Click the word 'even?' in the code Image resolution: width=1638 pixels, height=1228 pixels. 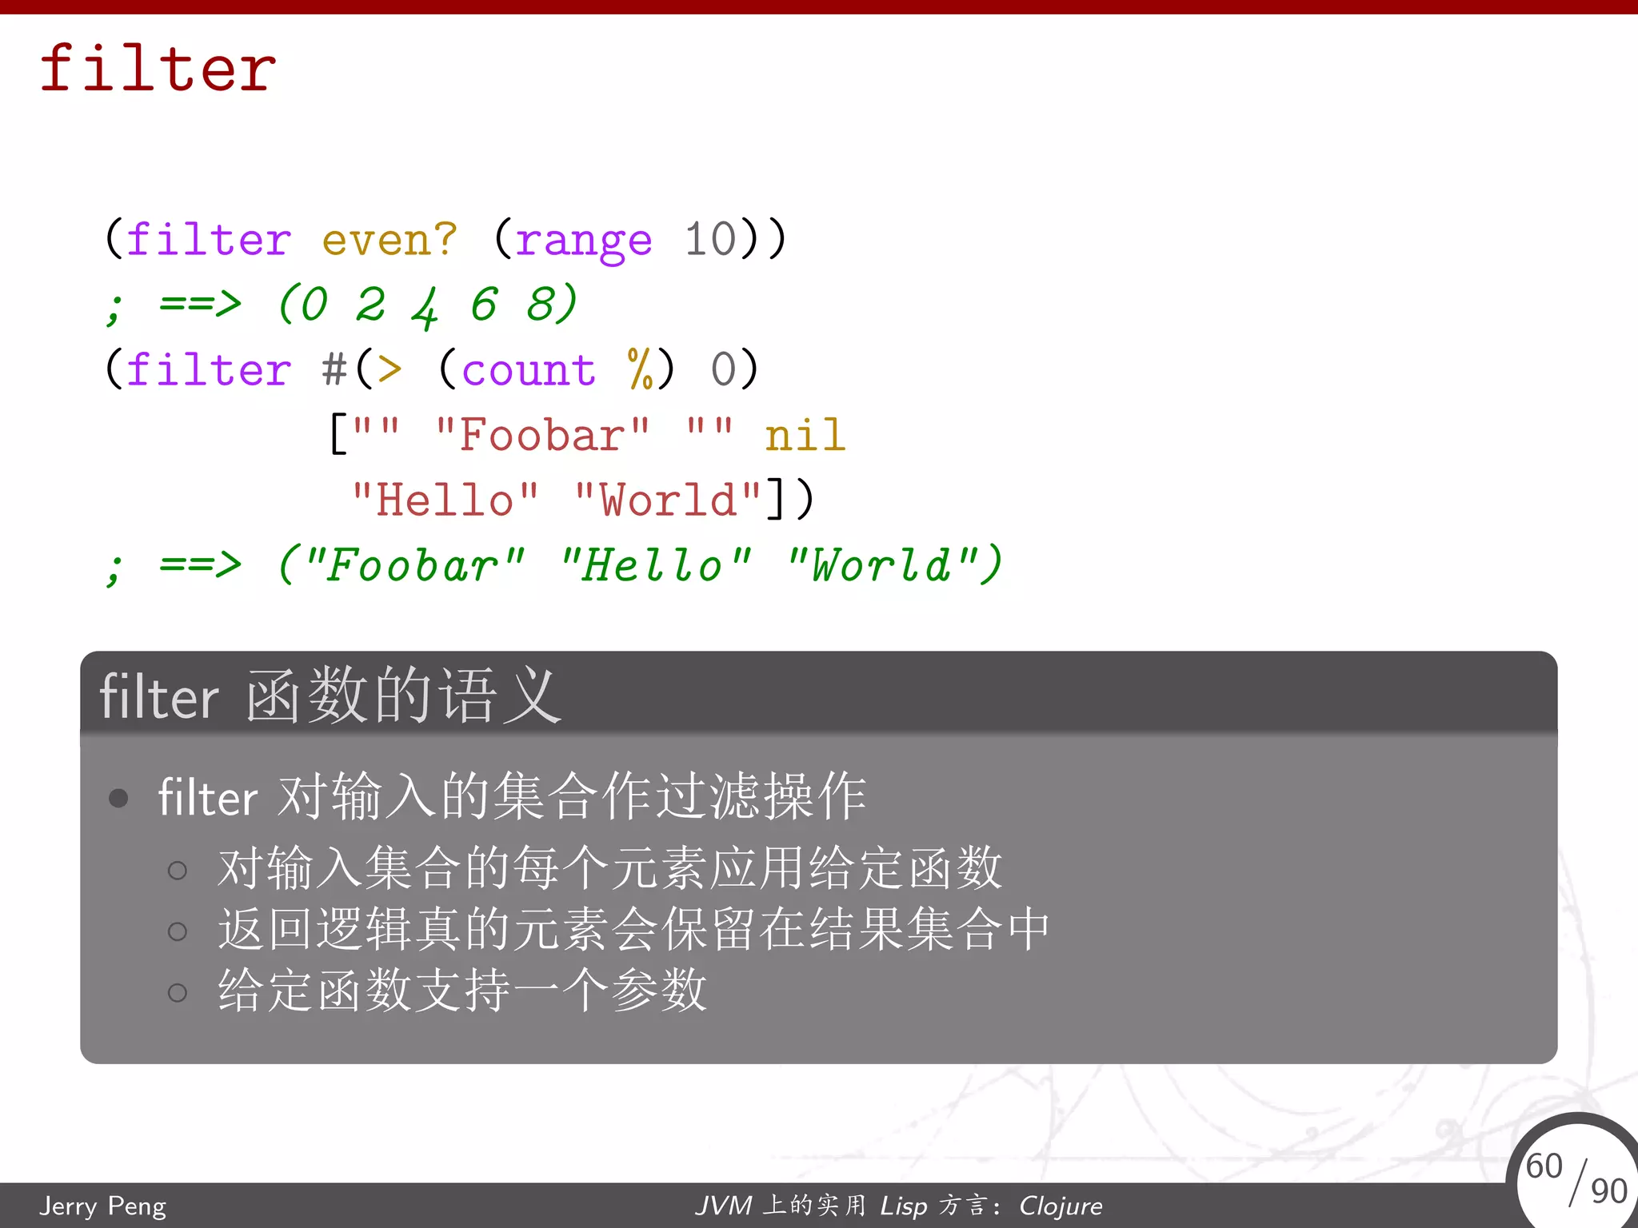(x=390, y=239)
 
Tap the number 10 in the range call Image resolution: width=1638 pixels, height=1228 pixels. (x=709, y=239)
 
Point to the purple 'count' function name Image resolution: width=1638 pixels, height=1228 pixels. (x=529, y=370)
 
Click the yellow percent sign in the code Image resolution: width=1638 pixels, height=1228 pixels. (x=641, y=370)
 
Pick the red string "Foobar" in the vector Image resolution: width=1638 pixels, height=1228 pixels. (x=541, y=436)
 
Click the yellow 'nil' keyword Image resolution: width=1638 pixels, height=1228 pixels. (x=805, y=436)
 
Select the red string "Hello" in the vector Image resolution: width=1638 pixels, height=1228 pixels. (x=445, y=500)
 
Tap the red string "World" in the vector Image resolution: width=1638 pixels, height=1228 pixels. (x=668, y=500)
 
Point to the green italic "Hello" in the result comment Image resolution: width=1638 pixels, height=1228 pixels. (x=655, y=566)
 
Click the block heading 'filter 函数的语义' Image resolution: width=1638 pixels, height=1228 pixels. (x=330, y=696)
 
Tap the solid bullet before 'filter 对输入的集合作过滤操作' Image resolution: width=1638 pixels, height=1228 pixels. (x=118, y=798)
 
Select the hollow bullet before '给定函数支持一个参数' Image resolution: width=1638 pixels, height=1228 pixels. (x=178, y=992)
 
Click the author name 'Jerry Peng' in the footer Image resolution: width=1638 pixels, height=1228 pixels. (x=103, y=1206)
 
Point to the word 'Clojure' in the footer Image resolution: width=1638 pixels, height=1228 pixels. (x=1061, y=1206)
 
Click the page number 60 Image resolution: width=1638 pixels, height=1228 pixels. (x=1544, y=1166)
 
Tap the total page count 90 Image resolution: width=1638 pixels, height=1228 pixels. (x=1608, y=1190)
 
